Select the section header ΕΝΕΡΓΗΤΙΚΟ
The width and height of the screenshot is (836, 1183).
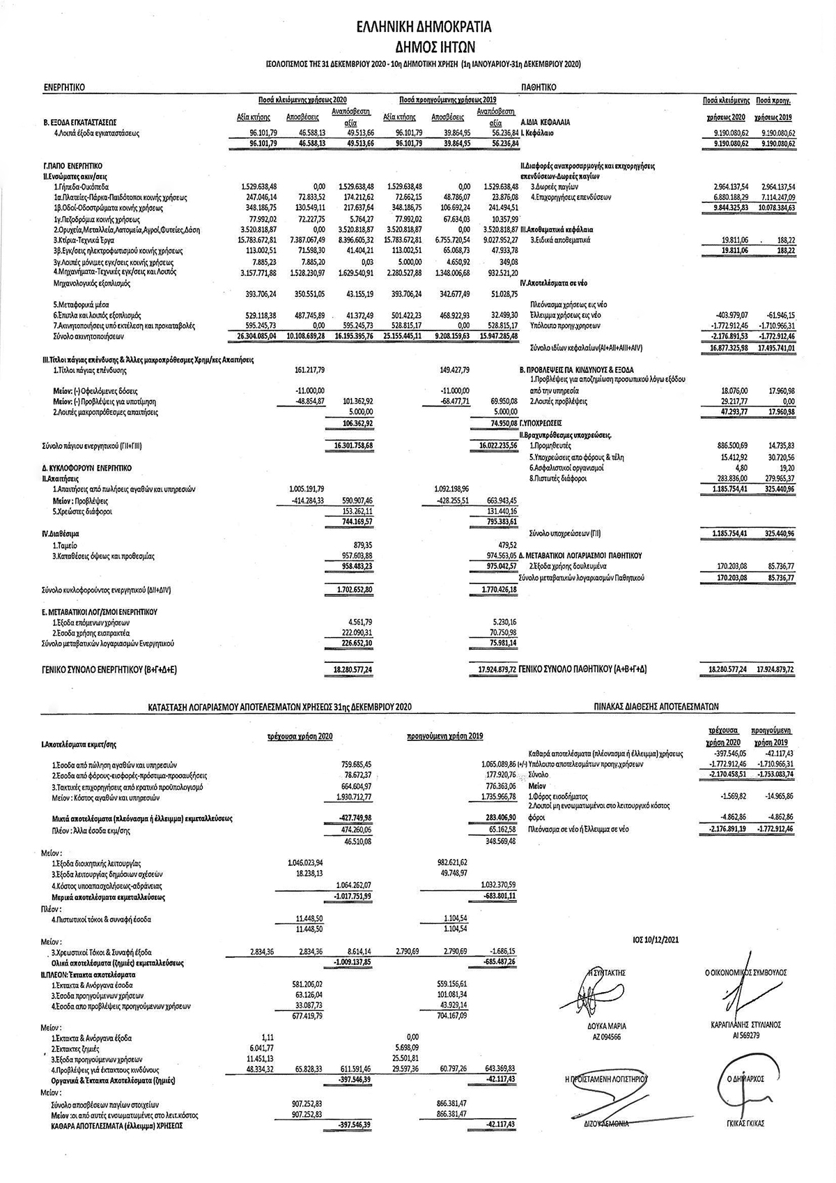pyautogui.click(x=64, y=88)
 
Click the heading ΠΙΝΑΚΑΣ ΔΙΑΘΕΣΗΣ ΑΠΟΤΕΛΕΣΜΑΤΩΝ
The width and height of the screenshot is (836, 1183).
pyautogui.click(x=656, y=706)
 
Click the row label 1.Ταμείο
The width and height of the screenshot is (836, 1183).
pyautogui.click(x=65, y=545)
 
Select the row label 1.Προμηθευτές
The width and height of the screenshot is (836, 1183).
pyautogui.click(x=550, y=445)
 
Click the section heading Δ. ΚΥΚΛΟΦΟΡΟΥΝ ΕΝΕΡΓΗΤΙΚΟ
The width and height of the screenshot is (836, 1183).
pyautogui.click(x=87, y=468)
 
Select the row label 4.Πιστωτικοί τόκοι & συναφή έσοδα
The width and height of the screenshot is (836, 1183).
pyautogui.click(x=102, y=919)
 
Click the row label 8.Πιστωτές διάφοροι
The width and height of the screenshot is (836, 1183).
pyautogui.click(x=558, y=478)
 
